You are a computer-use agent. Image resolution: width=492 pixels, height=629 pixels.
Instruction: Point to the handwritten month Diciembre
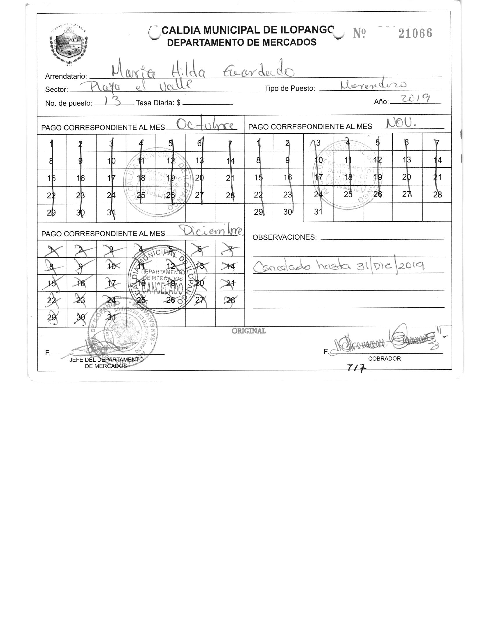(x=211, y=231)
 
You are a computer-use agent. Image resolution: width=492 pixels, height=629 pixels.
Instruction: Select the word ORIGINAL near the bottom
(x=248, y=331)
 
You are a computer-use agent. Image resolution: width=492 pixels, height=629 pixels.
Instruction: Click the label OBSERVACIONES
(x=285, y=237)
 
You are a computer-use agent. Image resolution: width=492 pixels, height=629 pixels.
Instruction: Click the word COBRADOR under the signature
(x=384, y=359)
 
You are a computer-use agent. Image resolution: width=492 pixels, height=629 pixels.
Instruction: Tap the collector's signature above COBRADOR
(x=387, y=343)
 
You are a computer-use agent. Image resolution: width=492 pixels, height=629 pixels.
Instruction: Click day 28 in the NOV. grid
(x=437, y=194)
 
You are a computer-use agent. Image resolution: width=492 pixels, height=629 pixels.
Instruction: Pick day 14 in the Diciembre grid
(x=230, y=266)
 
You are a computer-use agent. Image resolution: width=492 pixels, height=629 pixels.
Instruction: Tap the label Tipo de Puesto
(x=290, y=89)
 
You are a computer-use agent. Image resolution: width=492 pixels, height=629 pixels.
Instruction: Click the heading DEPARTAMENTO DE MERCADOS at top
(x=242, y=42)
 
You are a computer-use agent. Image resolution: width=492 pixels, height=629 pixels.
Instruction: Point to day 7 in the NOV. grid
(x=437, y=143)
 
